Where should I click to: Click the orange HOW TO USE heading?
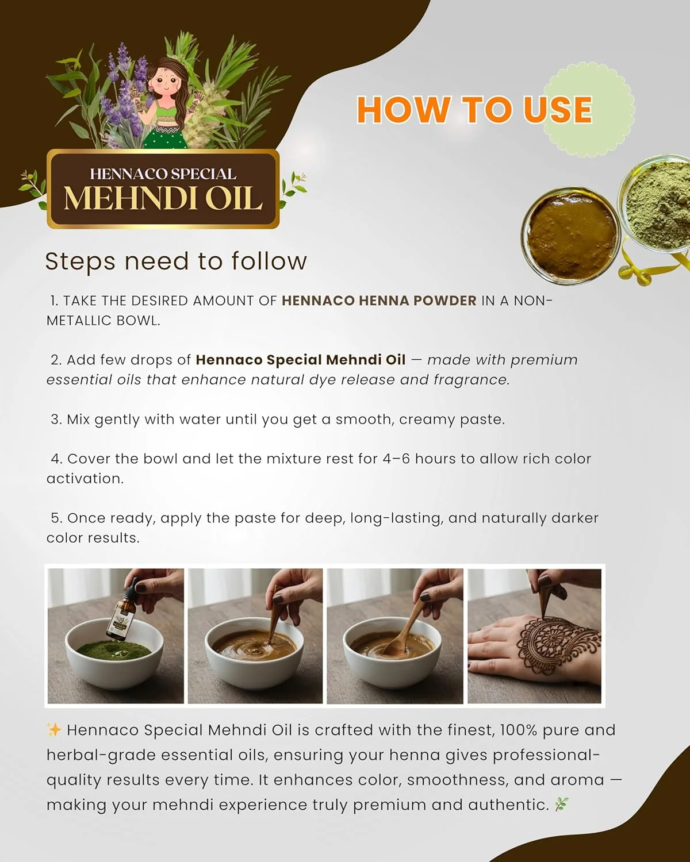pos(474,110)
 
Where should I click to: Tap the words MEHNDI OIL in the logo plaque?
pos(163,199)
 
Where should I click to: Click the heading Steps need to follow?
pos(176,261)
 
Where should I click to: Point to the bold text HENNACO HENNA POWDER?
pos(379,301)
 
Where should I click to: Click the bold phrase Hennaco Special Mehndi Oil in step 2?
pos(300,360)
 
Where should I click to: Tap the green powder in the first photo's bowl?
pos(112,651)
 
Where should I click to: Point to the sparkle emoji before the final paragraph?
pos(53,730)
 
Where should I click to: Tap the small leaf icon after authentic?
pos(561,805)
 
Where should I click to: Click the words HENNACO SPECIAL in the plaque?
pos(163,174)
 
